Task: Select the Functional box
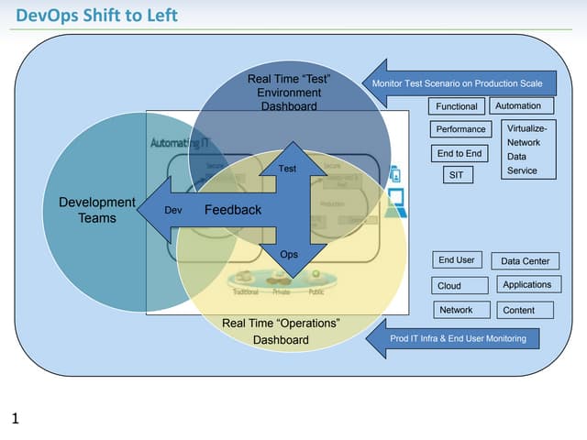456,106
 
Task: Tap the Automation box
518,105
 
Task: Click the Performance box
460,129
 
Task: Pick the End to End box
460,153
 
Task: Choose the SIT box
455,174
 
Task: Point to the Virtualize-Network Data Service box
529,149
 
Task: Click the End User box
457,259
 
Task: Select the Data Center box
526,261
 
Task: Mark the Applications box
527,284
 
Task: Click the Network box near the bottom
456,310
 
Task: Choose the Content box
526,310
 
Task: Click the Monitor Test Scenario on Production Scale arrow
459,82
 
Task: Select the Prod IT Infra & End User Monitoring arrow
459,338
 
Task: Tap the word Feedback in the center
233,210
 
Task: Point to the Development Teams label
96,210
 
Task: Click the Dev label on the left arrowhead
172,211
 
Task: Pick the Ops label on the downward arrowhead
289,254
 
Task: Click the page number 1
15,420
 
